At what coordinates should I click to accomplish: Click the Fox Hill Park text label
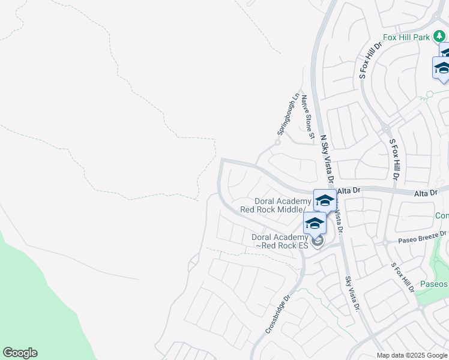tap(406, 37)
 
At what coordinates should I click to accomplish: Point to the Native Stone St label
tap(309, 117)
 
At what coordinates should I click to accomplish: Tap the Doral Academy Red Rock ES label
tap(280, 241)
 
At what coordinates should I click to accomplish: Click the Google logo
tap(20, 353)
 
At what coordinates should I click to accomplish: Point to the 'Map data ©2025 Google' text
tap(412, 355)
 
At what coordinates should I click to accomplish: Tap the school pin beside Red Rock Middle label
tap(325, 200)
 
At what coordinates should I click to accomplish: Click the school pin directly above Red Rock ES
tap(315, 223)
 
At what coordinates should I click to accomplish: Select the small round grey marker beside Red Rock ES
tap(317, 241)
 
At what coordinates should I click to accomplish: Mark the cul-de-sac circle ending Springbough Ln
tap(277, 142)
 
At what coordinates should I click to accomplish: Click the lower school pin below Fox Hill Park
tap(442, 68)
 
